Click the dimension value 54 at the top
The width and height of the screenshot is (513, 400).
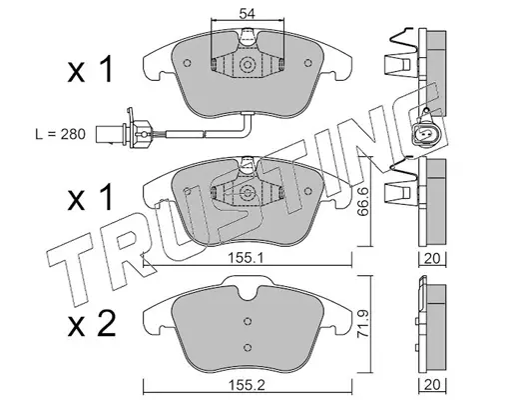pos(247,14)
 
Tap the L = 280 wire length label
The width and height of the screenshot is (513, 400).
pos(61,134)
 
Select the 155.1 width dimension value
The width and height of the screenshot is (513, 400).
pos(246,258)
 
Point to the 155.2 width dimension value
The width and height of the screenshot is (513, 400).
pos(247,385)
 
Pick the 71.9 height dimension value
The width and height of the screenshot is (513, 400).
pos(364,325)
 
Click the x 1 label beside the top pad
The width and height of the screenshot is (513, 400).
pos(90,70)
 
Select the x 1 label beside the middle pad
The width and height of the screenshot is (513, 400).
pos(90,198)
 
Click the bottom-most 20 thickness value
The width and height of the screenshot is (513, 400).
pos(432,384)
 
